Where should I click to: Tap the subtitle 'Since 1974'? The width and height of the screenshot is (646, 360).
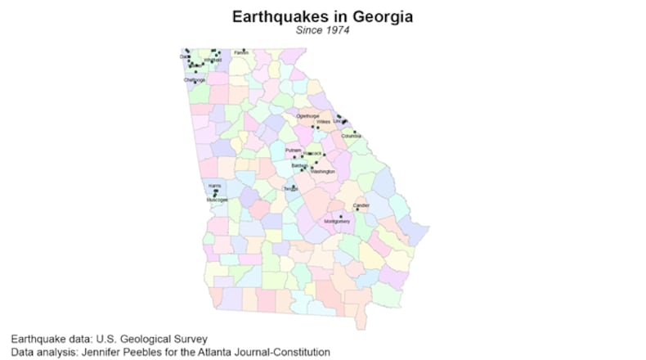(322, 31)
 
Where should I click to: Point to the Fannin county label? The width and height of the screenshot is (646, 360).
(241, 53)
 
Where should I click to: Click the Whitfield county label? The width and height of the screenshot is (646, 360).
(213, 59)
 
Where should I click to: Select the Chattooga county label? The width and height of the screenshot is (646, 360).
(195, 80)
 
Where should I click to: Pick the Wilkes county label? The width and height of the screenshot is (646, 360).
(322, 122)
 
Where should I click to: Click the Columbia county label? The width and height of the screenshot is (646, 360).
(351, 136)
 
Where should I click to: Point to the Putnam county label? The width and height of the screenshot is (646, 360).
(294, 151)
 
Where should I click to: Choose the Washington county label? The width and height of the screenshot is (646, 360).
(323, 172)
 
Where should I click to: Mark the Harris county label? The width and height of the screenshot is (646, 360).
(214, 186)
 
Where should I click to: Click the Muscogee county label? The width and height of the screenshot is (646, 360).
(218, 200)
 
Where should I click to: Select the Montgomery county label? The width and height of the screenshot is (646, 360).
(337, 222)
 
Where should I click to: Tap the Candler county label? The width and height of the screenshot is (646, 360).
(361, 205)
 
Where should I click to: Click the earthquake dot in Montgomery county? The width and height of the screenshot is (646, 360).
(340, 216)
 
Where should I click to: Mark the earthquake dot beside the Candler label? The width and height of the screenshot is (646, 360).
(357, 209)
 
